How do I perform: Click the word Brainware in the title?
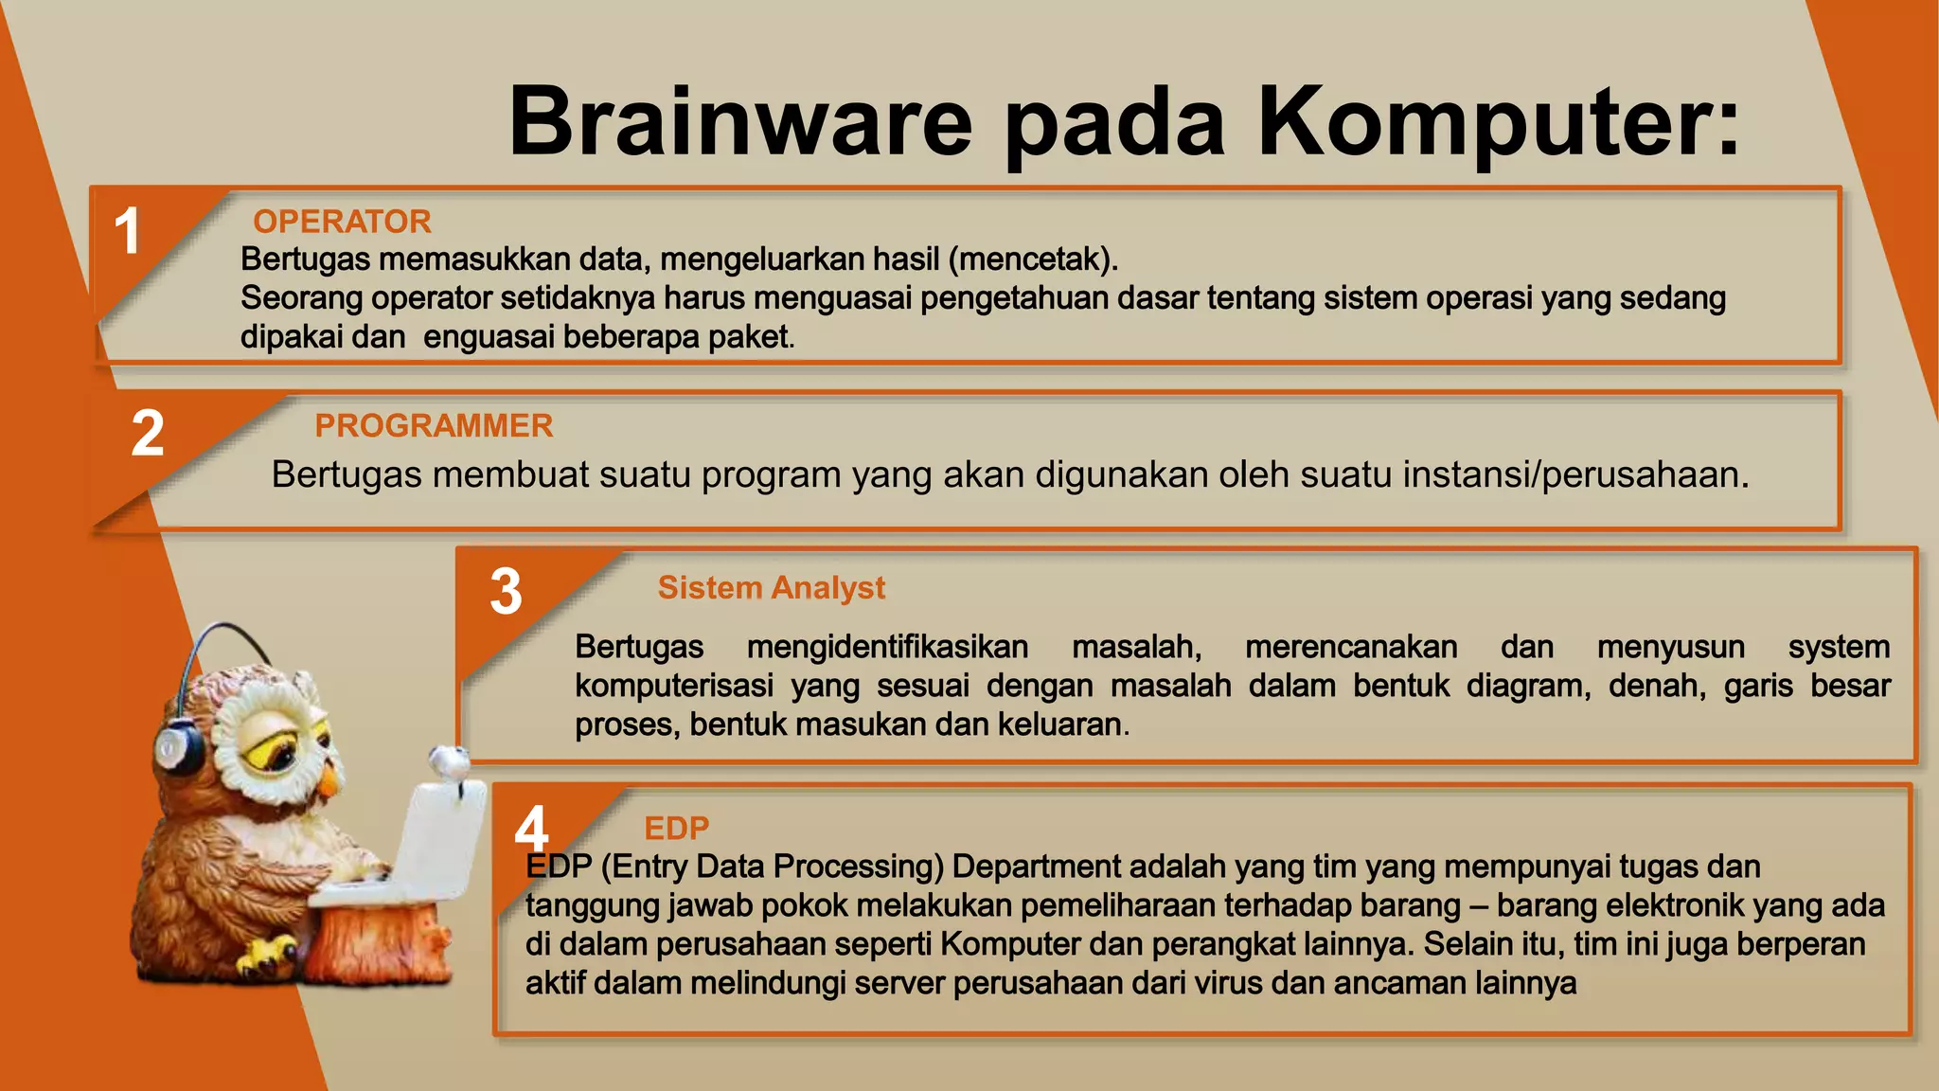pos(740,121)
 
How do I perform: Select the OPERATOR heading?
pos(342,222)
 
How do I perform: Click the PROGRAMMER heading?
pos(434,426)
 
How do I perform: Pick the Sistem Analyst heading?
pos(772,588)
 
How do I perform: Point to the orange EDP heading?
pos(676,829)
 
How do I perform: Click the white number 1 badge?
pos(127,231)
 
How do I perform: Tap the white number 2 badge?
pos(148,434)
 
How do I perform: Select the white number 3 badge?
pos(507,592)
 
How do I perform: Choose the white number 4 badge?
pos(531,828)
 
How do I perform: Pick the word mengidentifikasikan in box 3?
pos(887,647)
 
